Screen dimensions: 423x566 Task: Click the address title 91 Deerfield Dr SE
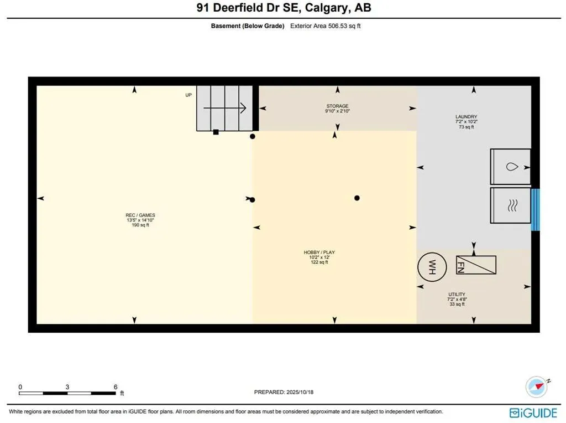[282, 8]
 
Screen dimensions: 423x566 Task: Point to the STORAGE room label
[337, 106]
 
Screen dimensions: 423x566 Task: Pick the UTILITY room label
[457, 295]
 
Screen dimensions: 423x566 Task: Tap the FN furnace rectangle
[476, 265]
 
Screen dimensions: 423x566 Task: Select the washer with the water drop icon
[510, 166]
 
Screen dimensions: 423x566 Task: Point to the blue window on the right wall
[534, 210]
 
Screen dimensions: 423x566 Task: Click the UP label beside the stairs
[188, 95]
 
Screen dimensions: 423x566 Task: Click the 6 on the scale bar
[116, 386]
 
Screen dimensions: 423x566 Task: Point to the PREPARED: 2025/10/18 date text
[284, 392]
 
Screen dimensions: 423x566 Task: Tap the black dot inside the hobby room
[357, 198]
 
